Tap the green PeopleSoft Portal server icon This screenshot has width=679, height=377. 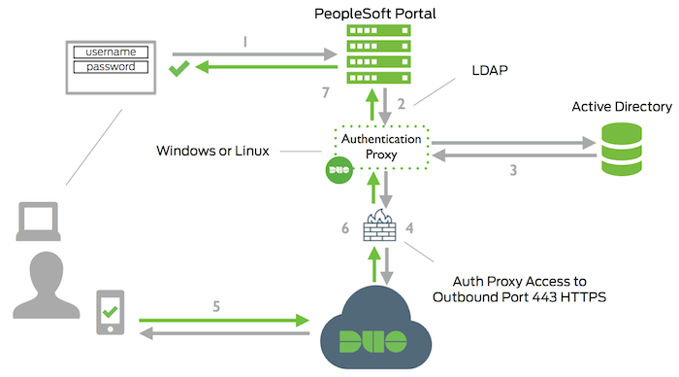[375, 53]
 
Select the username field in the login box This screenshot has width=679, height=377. [110, 51]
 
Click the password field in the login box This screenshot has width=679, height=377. [110, 66]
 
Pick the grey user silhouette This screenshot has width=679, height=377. [40, 291]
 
